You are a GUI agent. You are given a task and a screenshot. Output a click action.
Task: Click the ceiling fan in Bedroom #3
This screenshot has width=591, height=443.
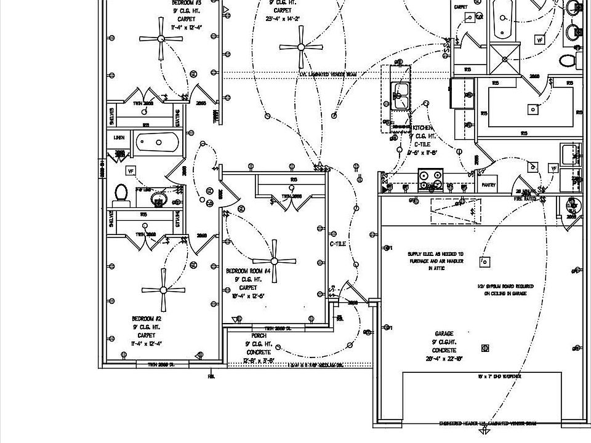[161, 39]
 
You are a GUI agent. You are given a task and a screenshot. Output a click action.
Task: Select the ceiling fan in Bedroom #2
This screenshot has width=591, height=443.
[164, 290]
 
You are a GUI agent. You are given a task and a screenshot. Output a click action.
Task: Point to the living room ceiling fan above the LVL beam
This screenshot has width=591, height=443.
[301, 47]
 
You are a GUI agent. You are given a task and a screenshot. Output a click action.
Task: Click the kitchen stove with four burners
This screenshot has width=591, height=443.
[430, 179]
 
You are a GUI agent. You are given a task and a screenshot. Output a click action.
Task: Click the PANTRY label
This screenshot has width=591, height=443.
[489, 185]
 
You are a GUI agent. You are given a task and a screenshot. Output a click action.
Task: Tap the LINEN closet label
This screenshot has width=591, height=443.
[119, 138]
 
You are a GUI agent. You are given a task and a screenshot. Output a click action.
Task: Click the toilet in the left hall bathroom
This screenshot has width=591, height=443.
[121, 194]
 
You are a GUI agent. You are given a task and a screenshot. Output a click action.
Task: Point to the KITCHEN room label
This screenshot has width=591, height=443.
[423, 127]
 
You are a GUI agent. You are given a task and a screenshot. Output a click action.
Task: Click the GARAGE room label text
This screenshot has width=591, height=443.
[444, 333]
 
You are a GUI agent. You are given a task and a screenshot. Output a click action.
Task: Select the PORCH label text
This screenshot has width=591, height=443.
[259, 335]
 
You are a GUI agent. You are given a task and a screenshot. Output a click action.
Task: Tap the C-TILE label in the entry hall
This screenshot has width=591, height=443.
[338, 244]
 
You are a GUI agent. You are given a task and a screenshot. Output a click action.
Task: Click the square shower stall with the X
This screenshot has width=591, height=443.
[505, 59]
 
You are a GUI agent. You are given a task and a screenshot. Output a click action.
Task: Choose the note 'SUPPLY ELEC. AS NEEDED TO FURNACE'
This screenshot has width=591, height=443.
[435, 254]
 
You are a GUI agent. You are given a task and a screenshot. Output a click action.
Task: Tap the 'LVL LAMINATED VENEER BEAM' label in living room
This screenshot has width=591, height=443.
[328, 74]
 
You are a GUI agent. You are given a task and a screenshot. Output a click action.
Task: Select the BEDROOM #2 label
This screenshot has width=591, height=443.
[147, 319]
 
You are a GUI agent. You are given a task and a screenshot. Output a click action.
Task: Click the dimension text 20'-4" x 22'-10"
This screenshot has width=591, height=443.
[444, 358]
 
